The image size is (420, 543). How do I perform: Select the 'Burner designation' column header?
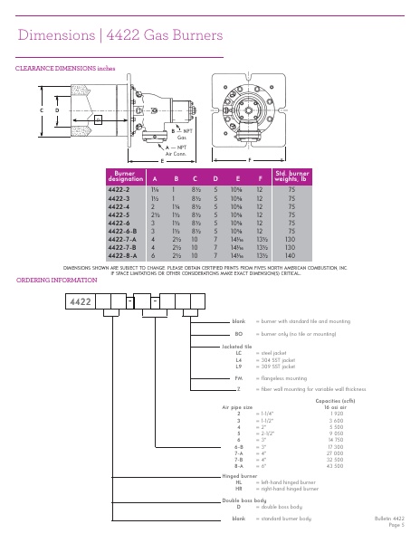pyautogui.click(x=127, y=176)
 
